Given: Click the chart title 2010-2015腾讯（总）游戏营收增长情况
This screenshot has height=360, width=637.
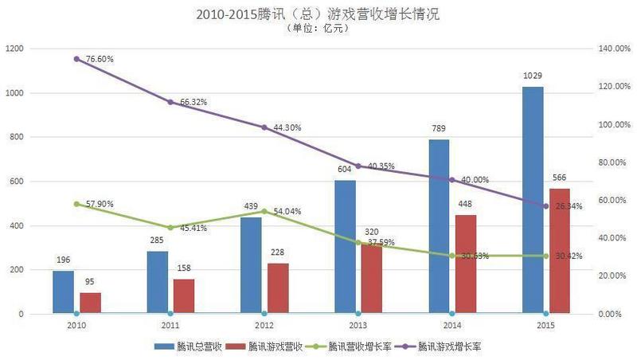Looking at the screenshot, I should coord(318,14).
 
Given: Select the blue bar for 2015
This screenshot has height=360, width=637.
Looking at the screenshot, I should coord(533,199).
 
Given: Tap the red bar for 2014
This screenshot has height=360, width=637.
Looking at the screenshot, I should coord(466,264).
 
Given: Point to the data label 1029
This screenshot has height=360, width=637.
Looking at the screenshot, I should coord(533,76).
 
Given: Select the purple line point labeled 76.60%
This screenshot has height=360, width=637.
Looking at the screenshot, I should coord(76,59).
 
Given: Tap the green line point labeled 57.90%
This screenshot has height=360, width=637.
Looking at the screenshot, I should coord(76,204).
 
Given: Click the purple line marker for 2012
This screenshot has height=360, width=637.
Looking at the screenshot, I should coord(264,127).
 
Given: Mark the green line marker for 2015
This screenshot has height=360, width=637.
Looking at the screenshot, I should coord(545,256).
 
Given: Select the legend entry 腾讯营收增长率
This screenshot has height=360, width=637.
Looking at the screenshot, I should coord(354,346).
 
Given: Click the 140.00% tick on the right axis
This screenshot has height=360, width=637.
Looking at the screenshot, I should coord(613,49).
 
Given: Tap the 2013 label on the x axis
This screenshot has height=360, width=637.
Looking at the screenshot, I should coord(358,326).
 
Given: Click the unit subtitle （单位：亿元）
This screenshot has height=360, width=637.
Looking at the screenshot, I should coord(318,29).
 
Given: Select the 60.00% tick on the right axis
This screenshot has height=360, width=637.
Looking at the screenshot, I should coord(612,201).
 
